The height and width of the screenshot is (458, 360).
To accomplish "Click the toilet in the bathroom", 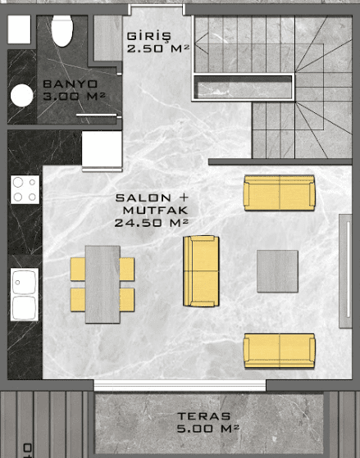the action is point(62,30).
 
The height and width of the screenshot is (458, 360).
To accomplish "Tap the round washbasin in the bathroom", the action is point(21,96).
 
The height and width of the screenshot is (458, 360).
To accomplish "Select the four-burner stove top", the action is point(25,189).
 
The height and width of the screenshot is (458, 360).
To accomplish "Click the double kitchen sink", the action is point(25,294).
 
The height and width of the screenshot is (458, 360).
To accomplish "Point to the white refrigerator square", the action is point(102,149).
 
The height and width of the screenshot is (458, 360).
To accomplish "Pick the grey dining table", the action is point(103,284).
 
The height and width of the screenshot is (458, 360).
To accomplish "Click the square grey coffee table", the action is point(277,271).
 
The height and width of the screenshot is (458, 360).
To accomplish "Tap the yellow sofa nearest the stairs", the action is point(280,193).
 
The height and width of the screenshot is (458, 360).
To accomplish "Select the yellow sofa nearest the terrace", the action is point(280,351).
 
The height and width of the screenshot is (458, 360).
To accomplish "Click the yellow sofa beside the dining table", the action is point(201,271).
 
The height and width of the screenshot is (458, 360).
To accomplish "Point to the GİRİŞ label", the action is point(148,37).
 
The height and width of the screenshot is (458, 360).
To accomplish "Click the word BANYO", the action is point(70,84).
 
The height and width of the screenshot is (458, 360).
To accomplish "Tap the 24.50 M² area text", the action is point(151,223).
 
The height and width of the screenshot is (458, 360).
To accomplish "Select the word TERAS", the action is point(204,416).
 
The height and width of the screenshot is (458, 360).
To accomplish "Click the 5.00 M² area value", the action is point(208,429).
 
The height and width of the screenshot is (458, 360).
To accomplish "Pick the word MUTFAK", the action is point(155,211).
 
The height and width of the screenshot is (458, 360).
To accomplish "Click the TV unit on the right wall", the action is point(345,270).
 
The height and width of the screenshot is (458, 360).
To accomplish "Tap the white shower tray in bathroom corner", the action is point(19,29).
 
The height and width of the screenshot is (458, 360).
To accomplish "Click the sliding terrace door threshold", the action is point(180,385).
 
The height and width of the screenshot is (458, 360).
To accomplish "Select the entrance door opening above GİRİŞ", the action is point(158,6).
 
